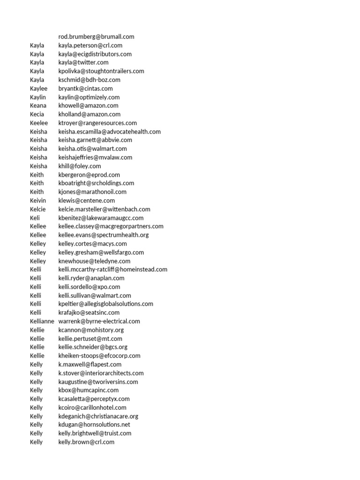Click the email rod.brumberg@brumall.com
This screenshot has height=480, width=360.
point(96,37)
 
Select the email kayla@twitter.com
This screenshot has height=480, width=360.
point(83,62)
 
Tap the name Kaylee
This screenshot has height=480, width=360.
point(38,88)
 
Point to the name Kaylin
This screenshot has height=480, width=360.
point(38,97)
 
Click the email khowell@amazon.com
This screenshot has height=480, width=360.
point(88,105)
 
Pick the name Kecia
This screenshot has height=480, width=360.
point(37,114)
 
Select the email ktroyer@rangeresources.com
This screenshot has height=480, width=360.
point(97,123)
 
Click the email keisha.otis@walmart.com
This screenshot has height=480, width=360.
point(92,149)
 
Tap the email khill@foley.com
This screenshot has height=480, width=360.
point(80,166)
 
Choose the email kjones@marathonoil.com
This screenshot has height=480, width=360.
point(92,192)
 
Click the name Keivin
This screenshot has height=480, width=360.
point(38,201)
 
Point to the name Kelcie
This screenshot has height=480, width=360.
point(38,209)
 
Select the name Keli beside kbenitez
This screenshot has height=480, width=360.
point(35,218)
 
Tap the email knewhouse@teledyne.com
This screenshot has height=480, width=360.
point(94,261)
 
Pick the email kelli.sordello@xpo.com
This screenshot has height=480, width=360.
point(89,287)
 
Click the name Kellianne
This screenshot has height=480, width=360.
point(42,321)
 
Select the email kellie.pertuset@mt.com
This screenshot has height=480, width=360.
point(90,338)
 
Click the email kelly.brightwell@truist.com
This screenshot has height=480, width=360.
point(95,433)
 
